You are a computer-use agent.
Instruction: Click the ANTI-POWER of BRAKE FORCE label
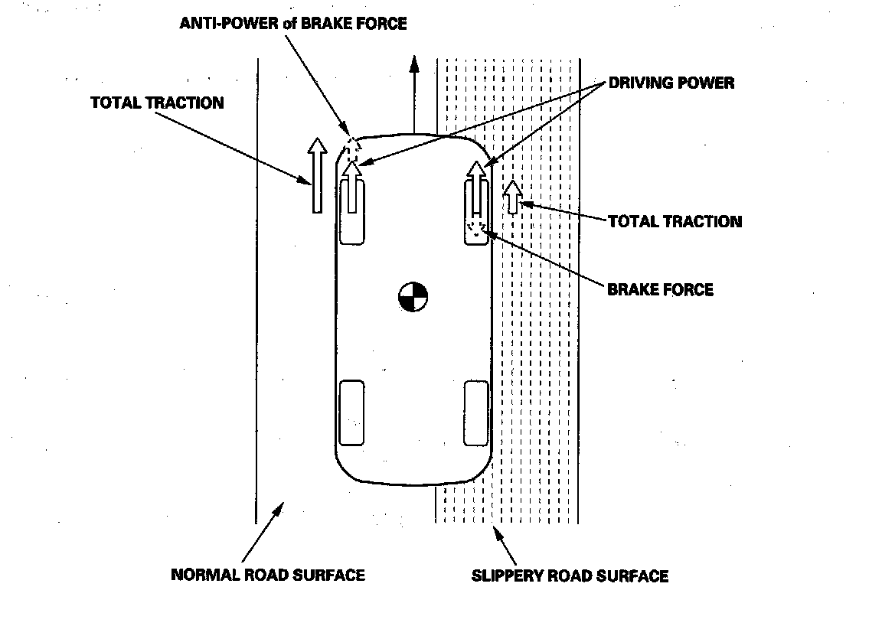click(293, 23)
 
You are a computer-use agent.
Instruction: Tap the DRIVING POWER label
click(671, 83)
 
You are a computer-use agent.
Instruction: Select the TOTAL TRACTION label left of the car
click(157, 103)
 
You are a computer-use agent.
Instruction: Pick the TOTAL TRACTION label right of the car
click(675, 221)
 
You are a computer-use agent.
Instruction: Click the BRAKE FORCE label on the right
click(660, 289)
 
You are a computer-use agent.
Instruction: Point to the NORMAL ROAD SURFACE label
click(267, 574)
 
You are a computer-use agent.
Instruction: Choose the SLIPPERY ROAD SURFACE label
click(570, 575)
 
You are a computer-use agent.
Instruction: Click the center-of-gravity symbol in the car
click(412, 296)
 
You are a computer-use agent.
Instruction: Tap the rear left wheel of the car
click(351, 412)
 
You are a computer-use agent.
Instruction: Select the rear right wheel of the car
click(475, 412)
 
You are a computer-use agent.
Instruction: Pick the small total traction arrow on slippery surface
click(512, 196)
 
